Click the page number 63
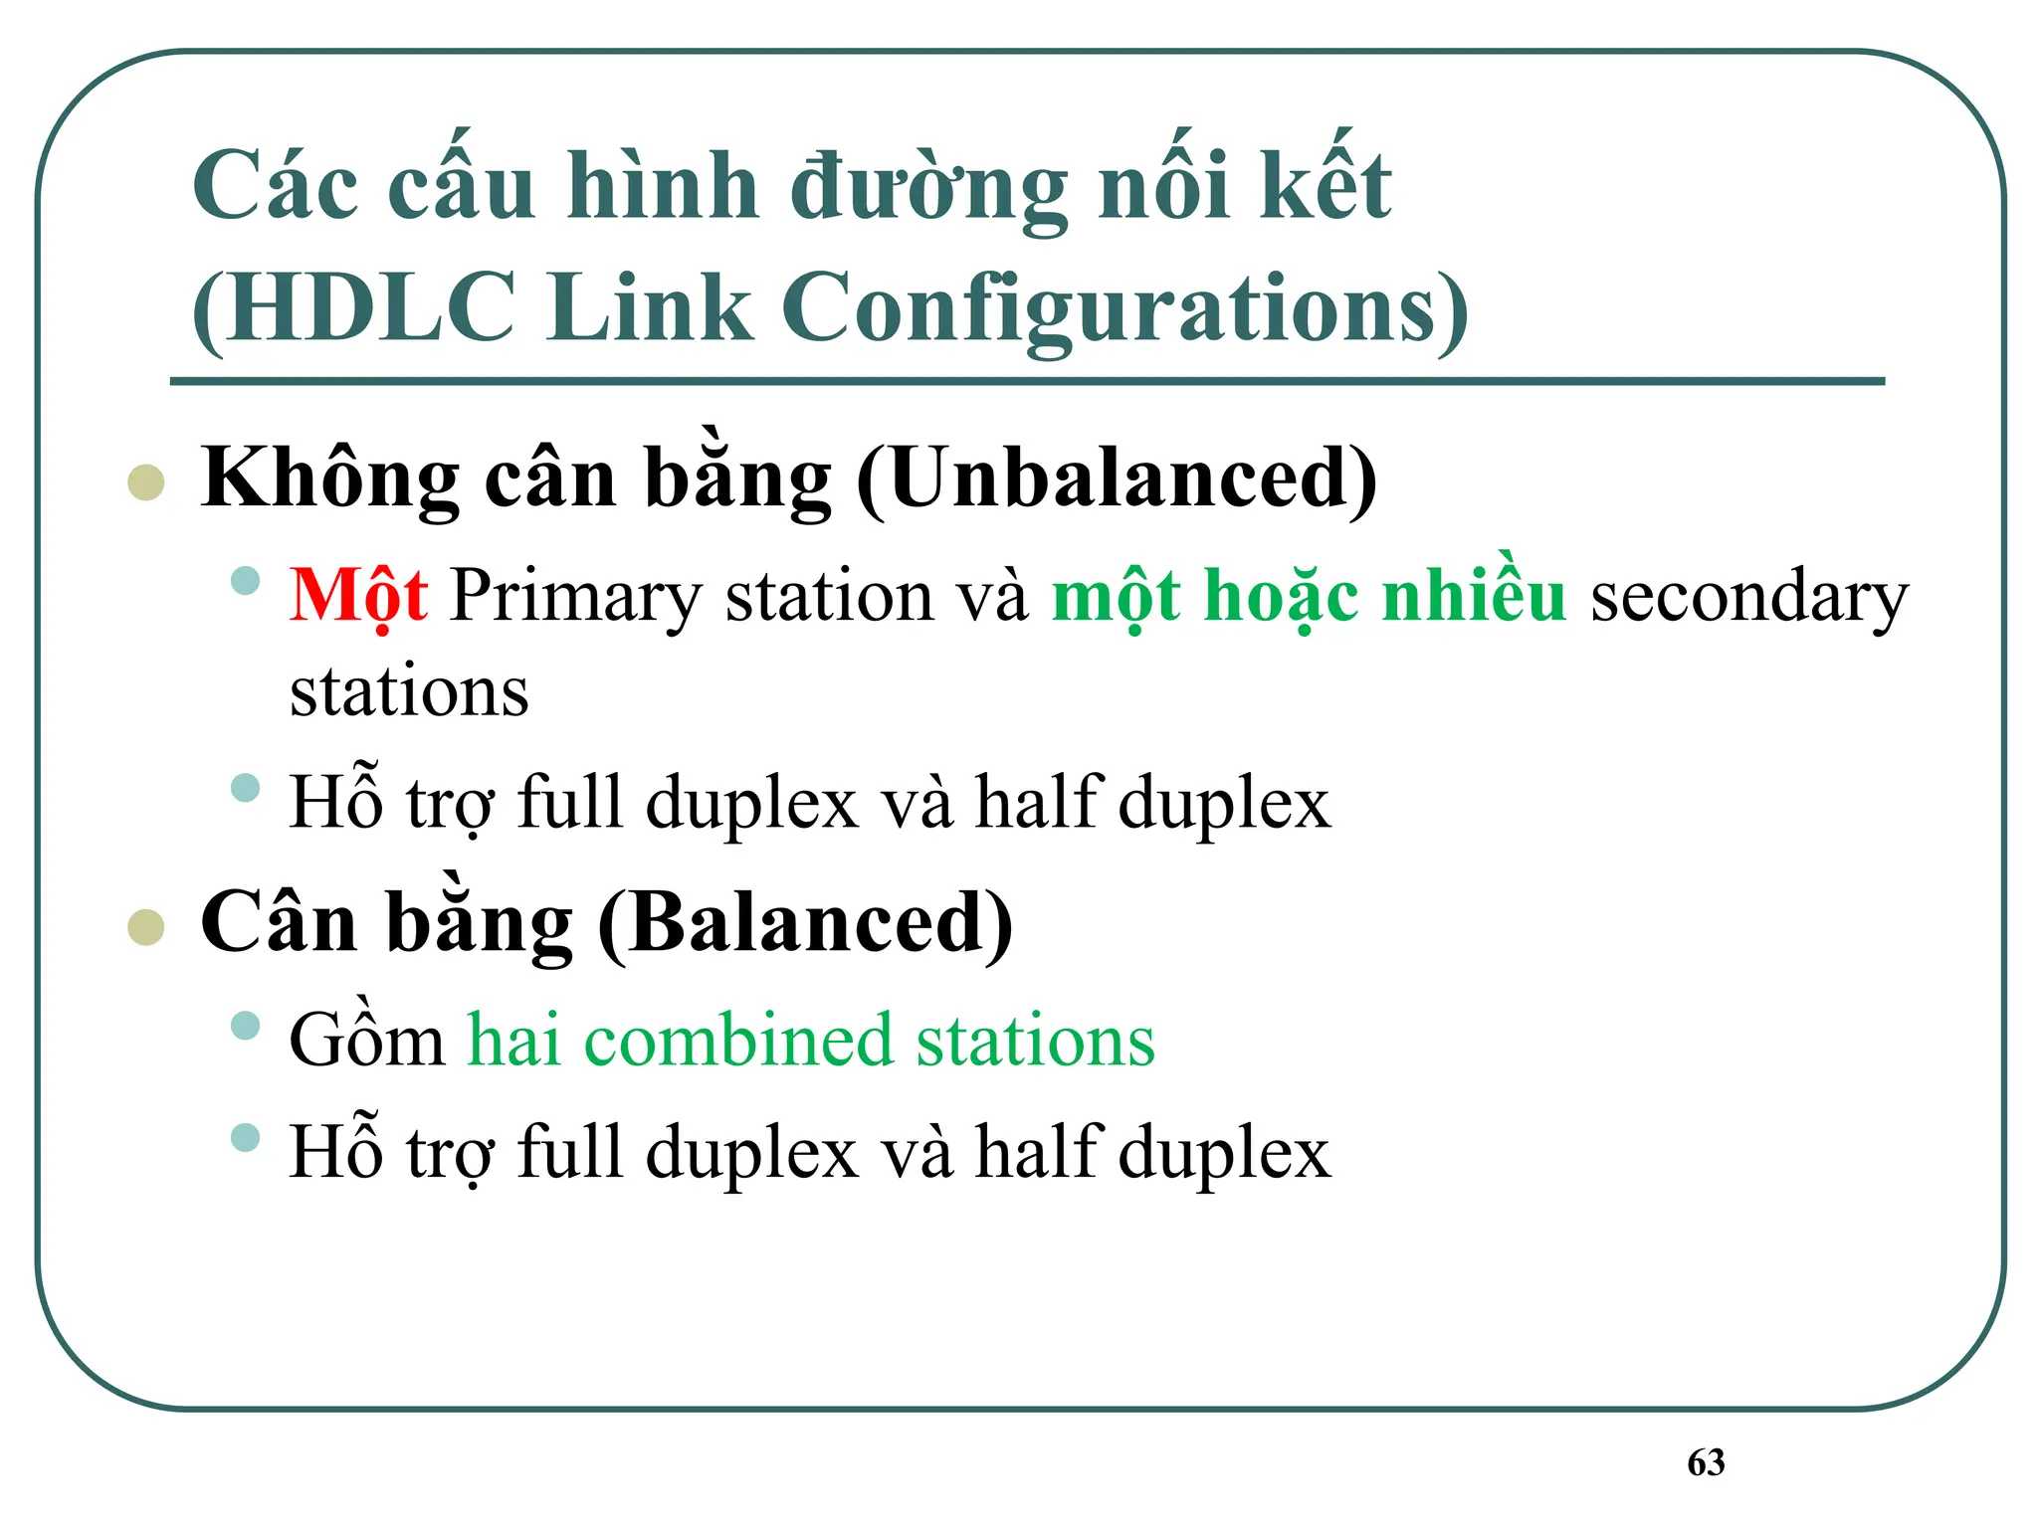[1706, 1462]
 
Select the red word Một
[358, 596]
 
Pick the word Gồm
[367, 1040]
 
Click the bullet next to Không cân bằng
[146, 482]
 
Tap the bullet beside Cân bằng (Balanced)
[146, 926]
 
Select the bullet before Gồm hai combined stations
[245, 1026]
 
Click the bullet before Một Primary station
[245, 581]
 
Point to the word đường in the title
[928, 188]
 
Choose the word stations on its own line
[409, 691]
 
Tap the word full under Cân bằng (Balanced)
[570, 1152]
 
